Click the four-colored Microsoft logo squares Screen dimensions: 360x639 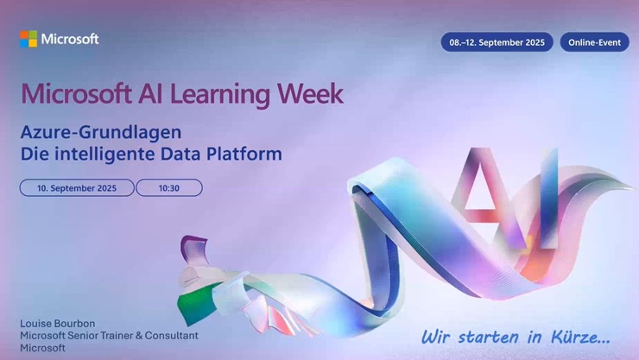pyautogui.click(x=28, y=39)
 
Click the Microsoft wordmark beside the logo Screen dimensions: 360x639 pyautogui.click(x=70, y=39)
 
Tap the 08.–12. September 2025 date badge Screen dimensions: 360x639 pyautogui.click(x=497, y=41)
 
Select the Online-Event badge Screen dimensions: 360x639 pyautogui.click(x=594, y=41)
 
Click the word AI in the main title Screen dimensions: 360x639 pyautogui.click(x=147, y=93)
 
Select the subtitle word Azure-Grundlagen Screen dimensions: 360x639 pyautogui.click(x=101, y=132)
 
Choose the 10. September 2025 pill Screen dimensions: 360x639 pyautogui.click(x=77, y=187)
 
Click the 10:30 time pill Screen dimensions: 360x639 pyautogui.click(x=169, y=187)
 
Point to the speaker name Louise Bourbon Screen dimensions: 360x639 pyautogui.click(x=58, y=324)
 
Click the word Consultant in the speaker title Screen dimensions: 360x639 pyautogui.click(x=169, y=335)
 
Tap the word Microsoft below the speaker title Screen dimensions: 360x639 pyautogui.click(x=42, y=347)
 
